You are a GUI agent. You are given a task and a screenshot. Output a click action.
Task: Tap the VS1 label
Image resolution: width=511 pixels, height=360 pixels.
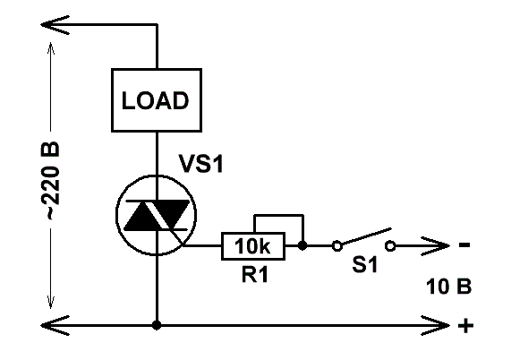coord(201,163)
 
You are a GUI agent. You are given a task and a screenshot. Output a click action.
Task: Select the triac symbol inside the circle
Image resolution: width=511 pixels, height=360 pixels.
coord(157,216)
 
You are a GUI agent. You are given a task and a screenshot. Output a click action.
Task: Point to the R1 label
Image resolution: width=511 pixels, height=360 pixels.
coord(255,274)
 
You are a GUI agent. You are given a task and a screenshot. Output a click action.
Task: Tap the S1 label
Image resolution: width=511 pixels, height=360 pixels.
coord(365,264)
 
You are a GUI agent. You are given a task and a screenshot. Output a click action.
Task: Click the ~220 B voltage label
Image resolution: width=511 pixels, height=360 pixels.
coord(50,181)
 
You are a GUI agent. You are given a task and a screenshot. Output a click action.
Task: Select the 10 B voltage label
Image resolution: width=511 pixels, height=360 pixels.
coord(448,287)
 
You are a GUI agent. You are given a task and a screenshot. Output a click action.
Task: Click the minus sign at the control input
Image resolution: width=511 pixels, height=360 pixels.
coord(464,244)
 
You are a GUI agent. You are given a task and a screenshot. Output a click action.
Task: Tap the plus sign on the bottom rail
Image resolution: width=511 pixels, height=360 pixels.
coord(465,325)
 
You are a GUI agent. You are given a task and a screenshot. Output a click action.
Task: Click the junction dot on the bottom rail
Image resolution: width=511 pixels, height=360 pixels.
coord(157,325)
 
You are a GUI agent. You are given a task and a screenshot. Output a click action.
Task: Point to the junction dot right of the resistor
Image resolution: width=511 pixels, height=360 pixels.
coord(302,245)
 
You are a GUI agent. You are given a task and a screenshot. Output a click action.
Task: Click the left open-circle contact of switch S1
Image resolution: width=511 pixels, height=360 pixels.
coord(337,246)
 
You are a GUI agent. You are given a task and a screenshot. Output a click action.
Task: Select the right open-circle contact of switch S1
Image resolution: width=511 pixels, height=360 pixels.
coord(390,246)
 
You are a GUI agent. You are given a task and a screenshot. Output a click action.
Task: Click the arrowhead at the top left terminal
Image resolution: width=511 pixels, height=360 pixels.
coord(55,24)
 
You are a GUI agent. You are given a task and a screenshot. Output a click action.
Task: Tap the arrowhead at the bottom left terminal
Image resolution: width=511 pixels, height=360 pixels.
coord(55,325)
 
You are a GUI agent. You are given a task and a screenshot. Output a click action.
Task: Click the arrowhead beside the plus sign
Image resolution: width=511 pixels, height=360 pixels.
coord(436,325)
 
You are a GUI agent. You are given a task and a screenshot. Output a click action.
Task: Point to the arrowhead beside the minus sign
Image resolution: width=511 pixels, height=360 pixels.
coord(436,246)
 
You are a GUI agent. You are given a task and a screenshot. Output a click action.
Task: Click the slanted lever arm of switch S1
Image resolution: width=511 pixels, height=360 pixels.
coord(366,236)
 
